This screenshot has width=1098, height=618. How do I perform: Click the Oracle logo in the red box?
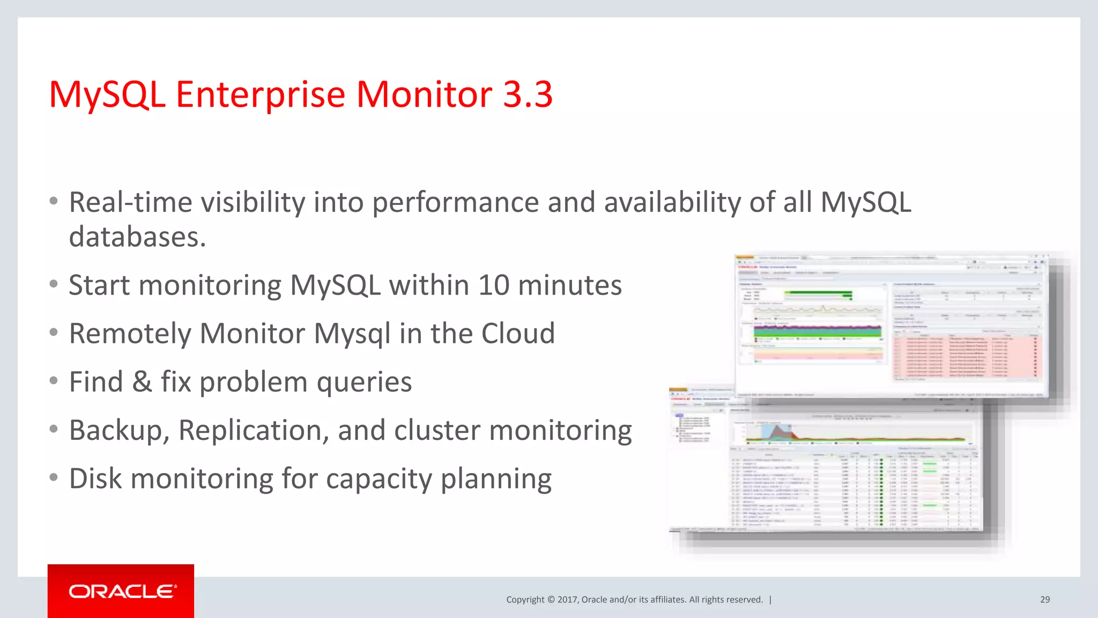point(121,591)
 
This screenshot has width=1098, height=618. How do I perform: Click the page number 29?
point(1044,599)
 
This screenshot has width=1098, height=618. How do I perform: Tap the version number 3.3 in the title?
point(528,94)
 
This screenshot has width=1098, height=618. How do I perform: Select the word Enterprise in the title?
point(261,94)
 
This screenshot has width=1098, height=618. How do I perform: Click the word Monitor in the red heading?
point(424,94)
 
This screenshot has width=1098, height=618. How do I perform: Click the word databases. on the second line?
point(137,237)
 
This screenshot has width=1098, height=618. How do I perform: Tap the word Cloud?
point(517,333)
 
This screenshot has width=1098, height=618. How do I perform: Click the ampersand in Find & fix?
point(142,382)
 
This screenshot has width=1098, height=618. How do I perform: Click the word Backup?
point(119,430)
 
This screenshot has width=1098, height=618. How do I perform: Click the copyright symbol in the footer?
point(550,599)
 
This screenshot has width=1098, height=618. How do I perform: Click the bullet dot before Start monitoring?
point(53,284)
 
